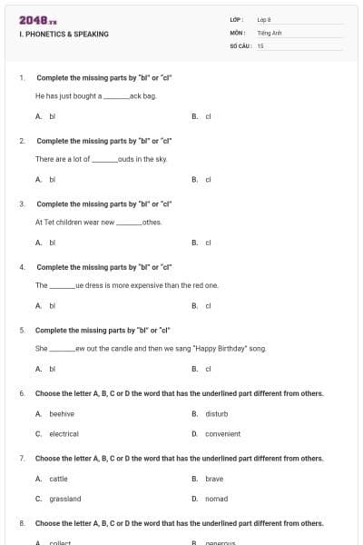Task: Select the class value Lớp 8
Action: [263, 19]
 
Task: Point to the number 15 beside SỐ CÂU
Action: [260, 45]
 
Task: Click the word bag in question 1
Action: [151, 95]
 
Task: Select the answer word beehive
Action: [62, 413]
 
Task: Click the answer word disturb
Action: [217, 413]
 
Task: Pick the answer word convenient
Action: [223, 434]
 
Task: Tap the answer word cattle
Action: [58, 478]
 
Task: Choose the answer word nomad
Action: [216, 499]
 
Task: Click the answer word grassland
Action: [65, 499]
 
